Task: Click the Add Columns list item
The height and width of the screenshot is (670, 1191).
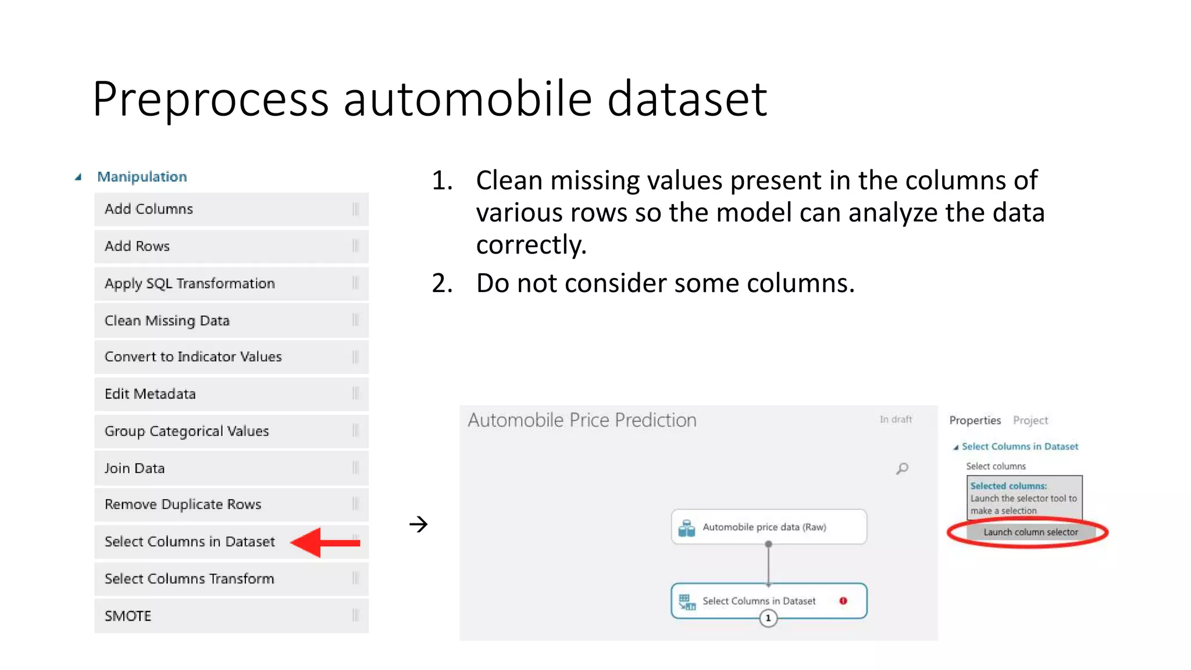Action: tap(231, 209)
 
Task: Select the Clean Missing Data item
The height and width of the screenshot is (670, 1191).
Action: tap(231, 320)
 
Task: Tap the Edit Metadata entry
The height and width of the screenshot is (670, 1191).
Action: tap(231, 394)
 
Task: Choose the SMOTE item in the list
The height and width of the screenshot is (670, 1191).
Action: tap(231, 616)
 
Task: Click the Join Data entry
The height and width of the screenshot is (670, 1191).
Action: tap(231, 468)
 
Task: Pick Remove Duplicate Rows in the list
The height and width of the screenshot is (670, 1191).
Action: tap(231, 504)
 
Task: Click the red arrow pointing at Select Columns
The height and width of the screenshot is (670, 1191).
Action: tap(326, 543)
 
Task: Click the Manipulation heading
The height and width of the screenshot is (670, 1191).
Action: tap(142, 177)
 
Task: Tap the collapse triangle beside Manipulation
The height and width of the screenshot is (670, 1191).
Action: tap(78, 177)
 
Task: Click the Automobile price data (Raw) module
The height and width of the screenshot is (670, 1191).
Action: tap(768, 527)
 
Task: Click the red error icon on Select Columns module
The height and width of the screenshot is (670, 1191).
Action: tap(843, 601)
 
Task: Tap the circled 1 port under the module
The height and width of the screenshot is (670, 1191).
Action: tap(768, 618)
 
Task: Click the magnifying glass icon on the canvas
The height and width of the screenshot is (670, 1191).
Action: tap(902, 468)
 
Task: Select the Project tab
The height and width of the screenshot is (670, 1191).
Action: tap(1030, 420)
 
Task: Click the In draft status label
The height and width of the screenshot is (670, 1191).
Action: tap(896, 419)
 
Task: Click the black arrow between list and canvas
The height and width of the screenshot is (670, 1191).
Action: tap(418, 524)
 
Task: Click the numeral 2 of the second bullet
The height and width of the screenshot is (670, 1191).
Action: tap(441, 283)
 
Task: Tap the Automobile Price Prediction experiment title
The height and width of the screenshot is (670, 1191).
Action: tap(582, 420)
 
